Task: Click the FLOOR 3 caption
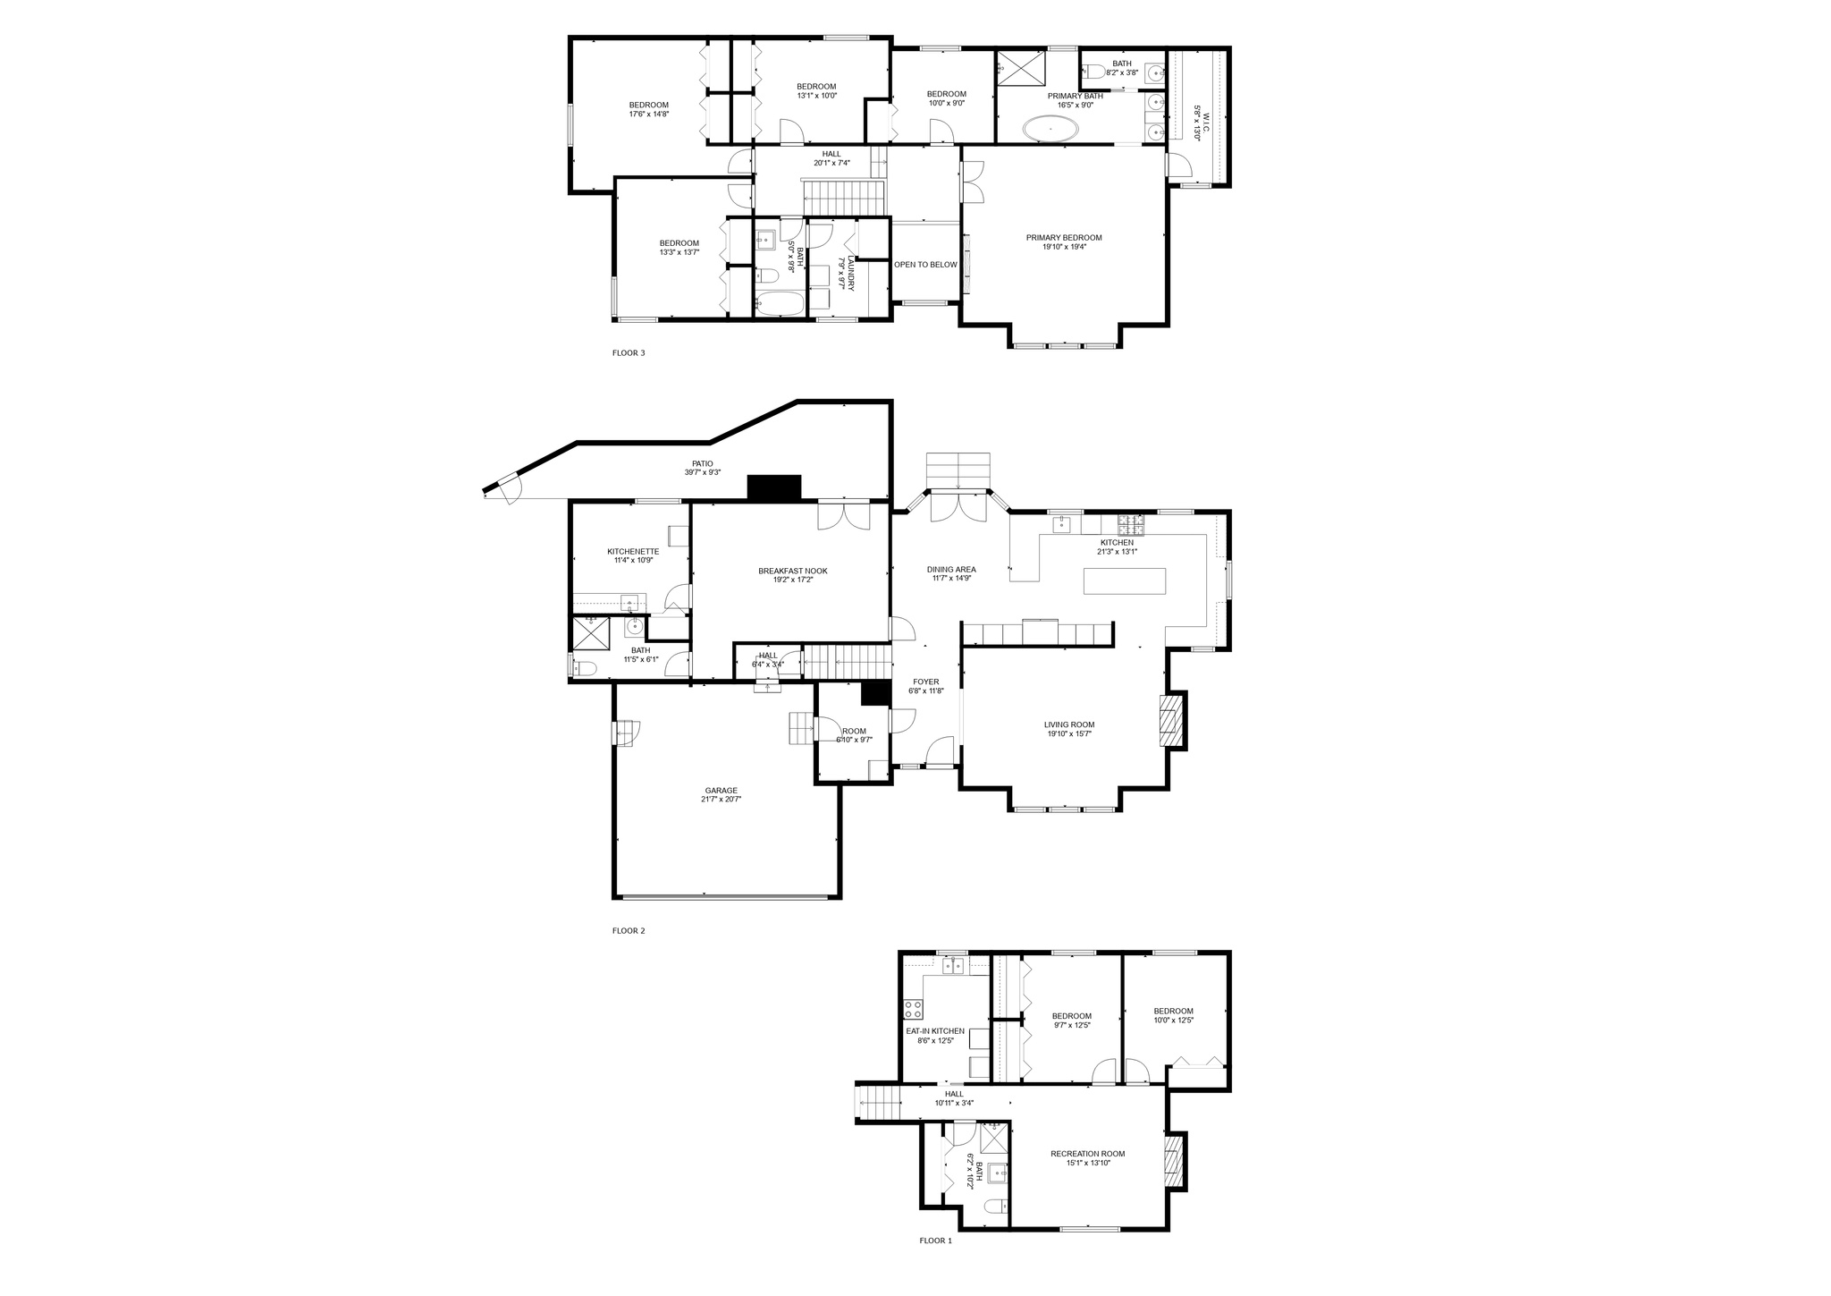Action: click(x=628, y=352)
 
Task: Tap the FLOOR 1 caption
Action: click(x=935, y=1241)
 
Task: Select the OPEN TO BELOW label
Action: click(x=925, y=265)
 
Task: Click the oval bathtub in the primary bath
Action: click(x=1051, y=130)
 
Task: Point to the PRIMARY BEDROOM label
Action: click(x=1064, y=238)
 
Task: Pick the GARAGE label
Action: click(x=721, y=791)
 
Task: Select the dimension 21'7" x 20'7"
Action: click(x=721, y=800)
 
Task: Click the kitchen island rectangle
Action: click(x=1125, y=581)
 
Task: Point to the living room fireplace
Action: click(x=1169, y=721)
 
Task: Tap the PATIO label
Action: click(x=702, y=463)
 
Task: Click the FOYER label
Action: click(x=925, y=682)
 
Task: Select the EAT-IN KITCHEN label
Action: click(x=935, y=1031)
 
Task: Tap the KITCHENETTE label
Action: click(x=633, y=552)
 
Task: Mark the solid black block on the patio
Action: click(x=773, y=487)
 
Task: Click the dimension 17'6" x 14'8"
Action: click(x=648, y=114)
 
